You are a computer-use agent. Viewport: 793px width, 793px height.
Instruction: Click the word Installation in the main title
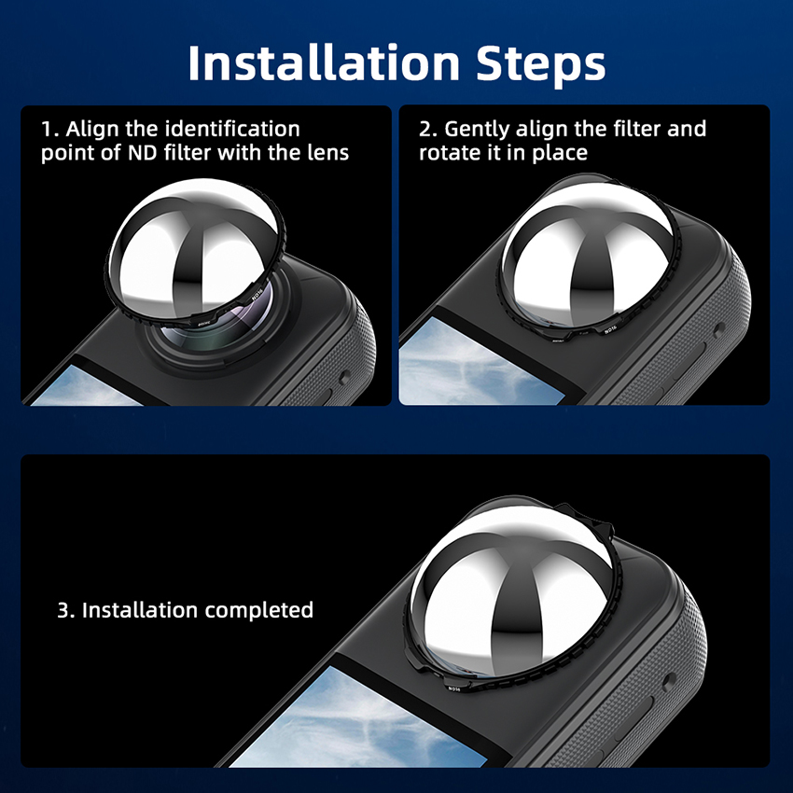324,63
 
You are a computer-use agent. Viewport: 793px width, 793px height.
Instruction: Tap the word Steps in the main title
540,65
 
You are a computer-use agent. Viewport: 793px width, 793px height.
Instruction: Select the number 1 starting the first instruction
46,130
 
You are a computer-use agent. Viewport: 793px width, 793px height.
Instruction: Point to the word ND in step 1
143,153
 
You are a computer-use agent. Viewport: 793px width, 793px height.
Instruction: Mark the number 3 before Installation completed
63,610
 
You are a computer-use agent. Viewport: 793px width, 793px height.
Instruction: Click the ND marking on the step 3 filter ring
454,689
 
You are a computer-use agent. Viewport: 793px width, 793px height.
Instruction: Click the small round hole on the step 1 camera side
345,377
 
